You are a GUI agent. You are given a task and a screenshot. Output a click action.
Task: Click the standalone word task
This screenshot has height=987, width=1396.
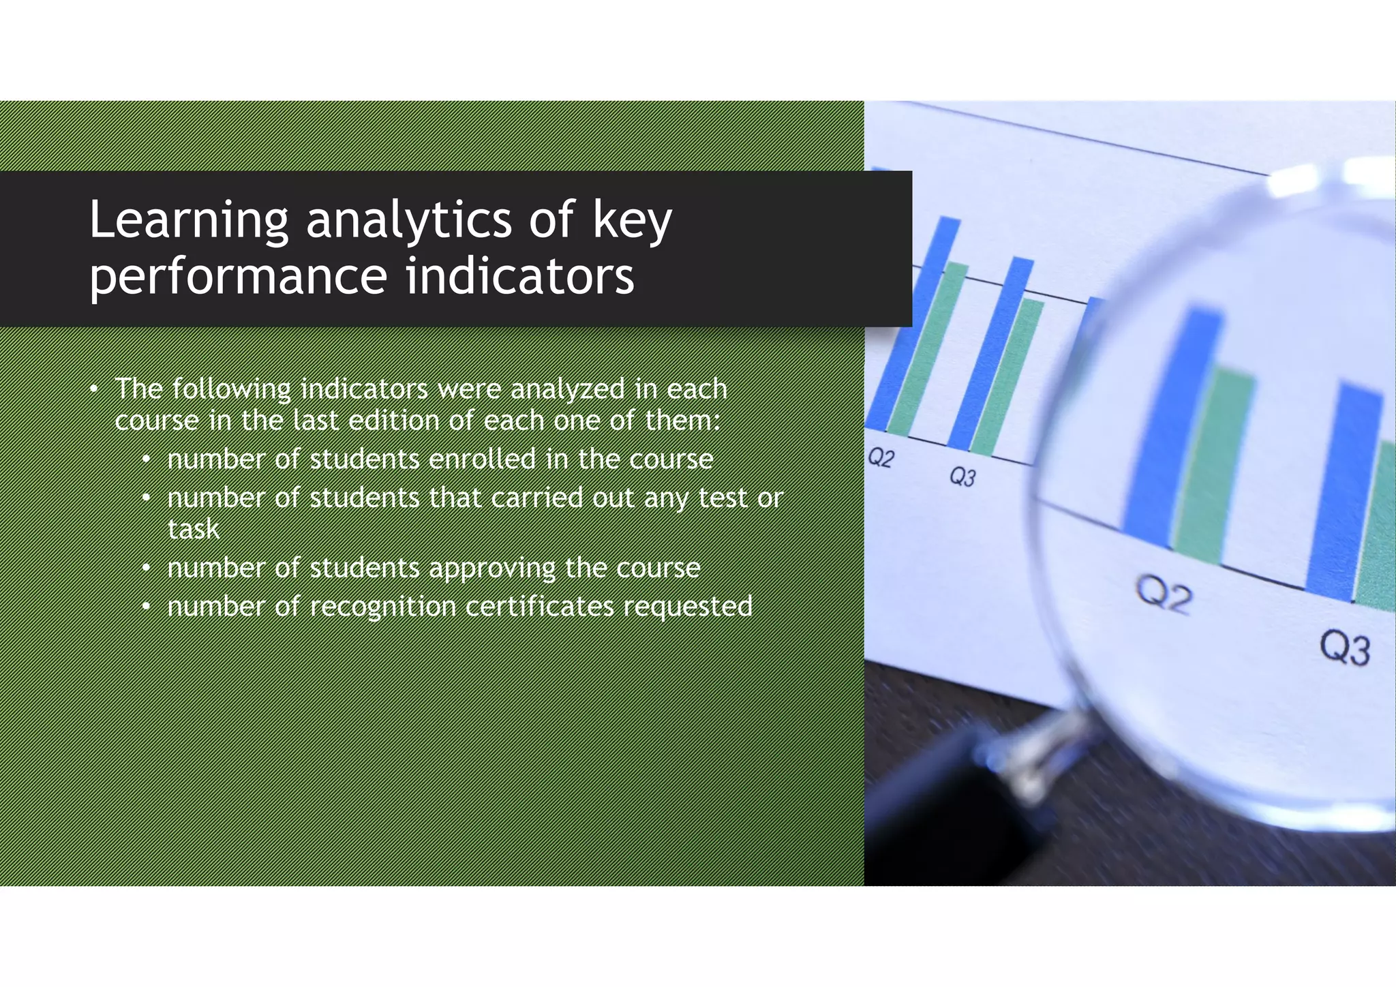(x=194, y=529)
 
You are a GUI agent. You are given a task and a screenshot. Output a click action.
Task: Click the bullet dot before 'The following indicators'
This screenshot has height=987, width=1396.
(x=94, y=389)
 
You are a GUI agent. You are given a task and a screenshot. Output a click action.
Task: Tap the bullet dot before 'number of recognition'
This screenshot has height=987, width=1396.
(x=146, y=606)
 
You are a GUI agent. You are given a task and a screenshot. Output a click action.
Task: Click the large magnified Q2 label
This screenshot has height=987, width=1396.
(x=1164, y=594)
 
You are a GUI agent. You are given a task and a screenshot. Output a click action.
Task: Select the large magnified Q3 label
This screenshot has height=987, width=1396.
(x=1344, y=647)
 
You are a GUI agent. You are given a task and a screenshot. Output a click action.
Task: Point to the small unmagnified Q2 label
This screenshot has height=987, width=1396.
(x=881, y=457)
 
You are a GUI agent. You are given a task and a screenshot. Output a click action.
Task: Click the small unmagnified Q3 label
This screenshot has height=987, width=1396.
(x=962, y=476)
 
